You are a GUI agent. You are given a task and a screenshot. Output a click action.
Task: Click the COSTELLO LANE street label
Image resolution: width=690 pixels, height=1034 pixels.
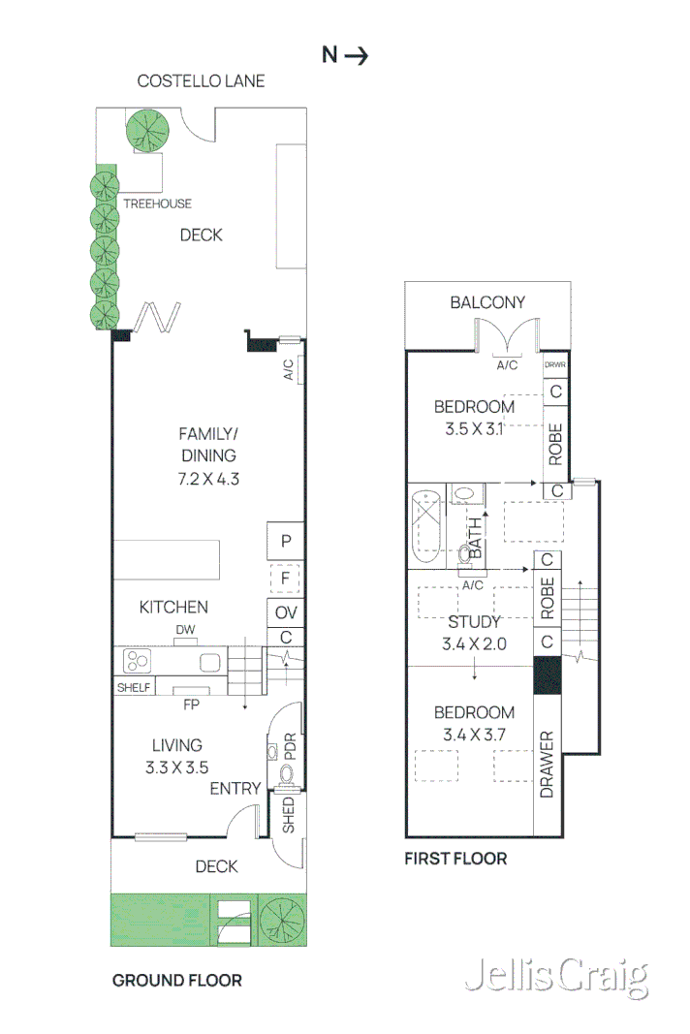coord(201,80)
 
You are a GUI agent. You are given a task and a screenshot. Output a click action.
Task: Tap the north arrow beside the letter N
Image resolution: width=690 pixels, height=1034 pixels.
coord(357,55)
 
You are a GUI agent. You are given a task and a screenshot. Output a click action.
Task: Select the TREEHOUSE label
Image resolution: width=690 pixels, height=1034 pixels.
coord(157,204)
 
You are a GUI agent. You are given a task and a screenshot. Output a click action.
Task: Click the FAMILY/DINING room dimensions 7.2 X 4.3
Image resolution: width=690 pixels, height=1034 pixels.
coord(207,478)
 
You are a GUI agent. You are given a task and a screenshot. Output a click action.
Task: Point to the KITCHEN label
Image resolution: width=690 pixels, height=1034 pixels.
coord(173,608)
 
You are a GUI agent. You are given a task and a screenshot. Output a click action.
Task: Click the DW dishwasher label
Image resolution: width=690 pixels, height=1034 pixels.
coord(186,631)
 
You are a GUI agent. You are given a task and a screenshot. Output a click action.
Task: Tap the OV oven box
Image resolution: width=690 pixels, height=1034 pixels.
coord(286,612)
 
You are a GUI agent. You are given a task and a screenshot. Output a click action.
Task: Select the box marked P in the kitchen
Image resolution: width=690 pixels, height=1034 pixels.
coord(286,542)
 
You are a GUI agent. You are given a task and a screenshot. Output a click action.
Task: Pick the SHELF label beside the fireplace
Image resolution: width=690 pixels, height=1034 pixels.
coord(134,687)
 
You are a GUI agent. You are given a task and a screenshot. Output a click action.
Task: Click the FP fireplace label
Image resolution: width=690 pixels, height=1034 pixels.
coord(191,705)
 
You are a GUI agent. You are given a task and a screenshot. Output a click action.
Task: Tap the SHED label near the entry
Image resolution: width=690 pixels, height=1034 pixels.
coord(289,816)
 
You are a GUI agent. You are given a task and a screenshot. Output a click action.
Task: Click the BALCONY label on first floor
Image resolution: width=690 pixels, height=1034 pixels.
coord(487,302)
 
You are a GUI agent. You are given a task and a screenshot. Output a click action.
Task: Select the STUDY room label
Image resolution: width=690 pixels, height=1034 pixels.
coord(475,622)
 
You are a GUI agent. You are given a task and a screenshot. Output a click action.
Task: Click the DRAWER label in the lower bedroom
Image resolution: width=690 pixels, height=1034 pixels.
coord(547,765)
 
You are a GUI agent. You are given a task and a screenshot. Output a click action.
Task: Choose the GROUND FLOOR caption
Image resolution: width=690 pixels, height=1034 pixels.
coord(177,980)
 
